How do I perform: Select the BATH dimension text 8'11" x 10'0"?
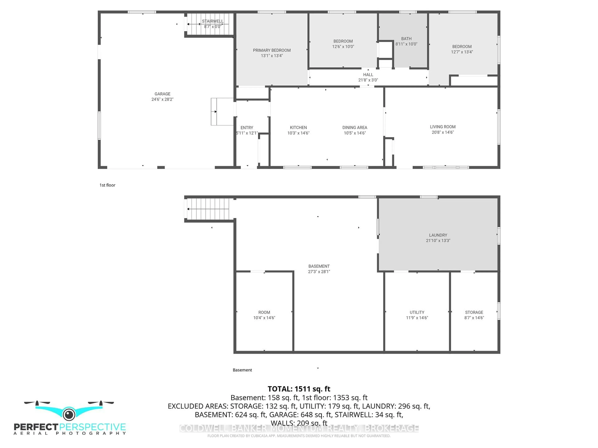point(406,44)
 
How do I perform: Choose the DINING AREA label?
point(355,127)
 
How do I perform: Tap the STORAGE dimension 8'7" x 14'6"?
point(474,318)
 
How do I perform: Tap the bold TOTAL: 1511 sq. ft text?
point(299,389)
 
